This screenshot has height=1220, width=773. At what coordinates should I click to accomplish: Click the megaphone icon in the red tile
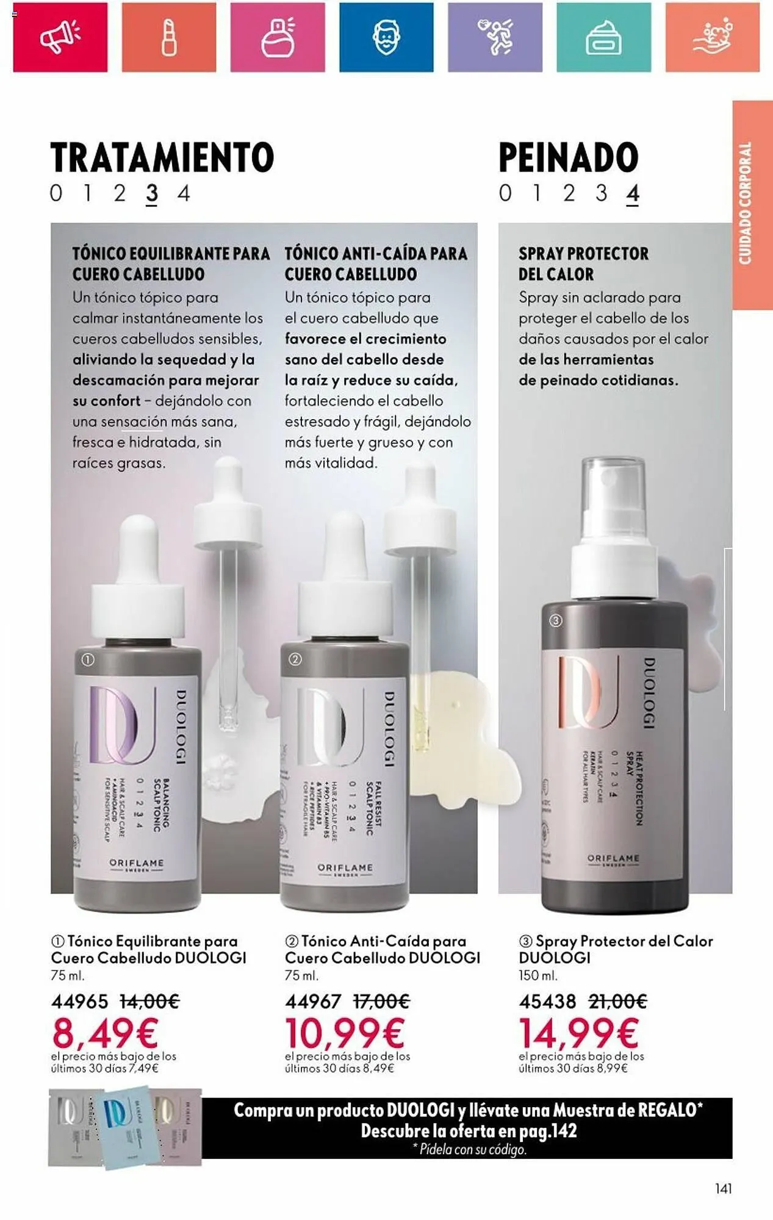tap(60, 37)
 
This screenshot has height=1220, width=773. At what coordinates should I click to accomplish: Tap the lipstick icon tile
tap(169, 37)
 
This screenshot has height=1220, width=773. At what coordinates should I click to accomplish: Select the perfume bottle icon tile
tap(278, 37)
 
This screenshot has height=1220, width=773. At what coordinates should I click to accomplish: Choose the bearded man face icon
tap(386, 37)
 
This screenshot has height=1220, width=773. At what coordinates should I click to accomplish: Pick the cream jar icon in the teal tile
tap(603, 37)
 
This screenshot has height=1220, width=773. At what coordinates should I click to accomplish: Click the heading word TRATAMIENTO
tap(162, 157)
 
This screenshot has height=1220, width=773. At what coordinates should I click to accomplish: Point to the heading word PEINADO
tap(569, 157)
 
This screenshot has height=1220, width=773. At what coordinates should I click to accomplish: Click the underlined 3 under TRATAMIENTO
tap(152, 194)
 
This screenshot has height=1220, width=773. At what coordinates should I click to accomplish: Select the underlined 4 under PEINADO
tap(633, 194)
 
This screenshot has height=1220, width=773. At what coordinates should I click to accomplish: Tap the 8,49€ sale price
tap(106, 1033)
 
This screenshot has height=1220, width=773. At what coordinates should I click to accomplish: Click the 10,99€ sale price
tap(345, 1033)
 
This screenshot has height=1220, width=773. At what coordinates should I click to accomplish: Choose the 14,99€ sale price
tap(578, 1033)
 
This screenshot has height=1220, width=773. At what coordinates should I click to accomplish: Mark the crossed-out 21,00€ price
tap(617, 1001)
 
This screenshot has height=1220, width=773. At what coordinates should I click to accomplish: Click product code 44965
tap(79, 1001)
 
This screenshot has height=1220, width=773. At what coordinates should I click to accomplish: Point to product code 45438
tap(547, 1001)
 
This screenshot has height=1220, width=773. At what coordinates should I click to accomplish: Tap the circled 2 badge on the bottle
tap(295, 659)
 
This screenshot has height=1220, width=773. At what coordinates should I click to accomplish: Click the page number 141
tap(723, 1188)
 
